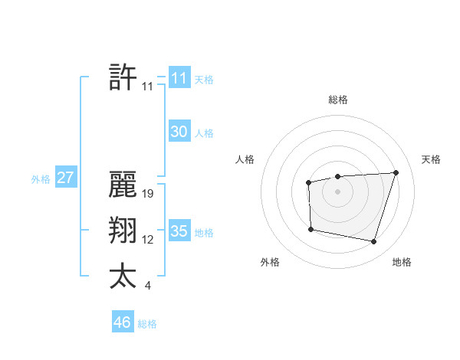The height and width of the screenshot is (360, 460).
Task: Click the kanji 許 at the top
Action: tap(123, 78)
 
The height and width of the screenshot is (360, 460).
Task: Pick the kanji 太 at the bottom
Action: tap(123, 277)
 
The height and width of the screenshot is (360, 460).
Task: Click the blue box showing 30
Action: tap(179, 132)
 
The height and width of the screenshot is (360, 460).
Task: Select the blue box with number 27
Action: tap(66, 178)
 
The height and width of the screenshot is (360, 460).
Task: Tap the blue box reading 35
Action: tap(179, 231)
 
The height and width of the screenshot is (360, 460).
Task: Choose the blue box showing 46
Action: tap(123, 322)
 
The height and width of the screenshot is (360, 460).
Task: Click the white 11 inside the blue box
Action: tap(179, 78)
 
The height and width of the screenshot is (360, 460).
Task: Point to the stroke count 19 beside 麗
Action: tap(149, 194)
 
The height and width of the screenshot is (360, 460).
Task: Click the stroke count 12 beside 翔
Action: tap(149, 240)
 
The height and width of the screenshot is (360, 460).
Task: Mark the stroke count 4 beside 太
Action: tap(148, 286)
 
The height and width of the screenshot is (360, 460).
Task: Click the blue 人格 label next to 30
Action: tap(204, 133)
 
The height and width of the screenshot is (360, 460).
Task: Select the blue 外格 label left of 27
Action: tap(41, 179)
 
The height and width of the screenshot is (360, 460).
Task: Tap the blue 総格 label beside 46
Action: tap(147, 324)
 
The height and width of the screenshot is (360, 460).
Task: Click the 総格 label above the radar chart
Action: tap(338, 100)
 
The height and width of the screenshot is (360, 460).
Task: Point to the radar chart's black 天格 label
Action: tap(431, 159)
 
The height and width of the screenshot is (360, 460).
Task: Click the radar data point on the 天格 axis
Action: tap(396, 172)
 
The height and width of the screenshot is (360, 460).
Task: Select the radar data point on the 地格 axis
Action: tap(373, 242)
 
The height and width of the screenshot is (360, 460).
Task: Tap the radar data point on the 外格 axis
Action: tap(310, 229)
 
